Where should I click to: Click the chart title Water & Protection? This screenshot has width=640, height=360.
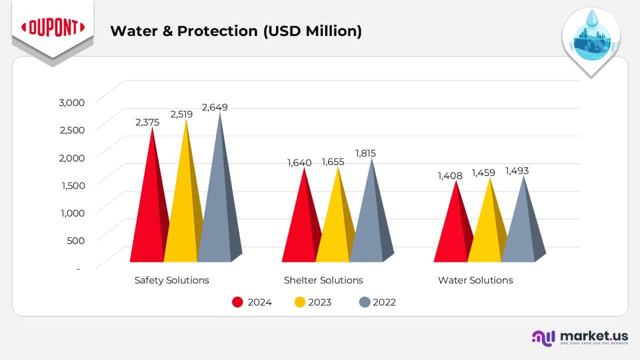tap(235, 31)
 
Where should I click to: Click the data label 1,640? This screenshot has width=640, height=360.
tap(299, 162)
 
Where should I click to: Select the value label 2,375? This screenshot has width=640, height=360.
tap(147, 122)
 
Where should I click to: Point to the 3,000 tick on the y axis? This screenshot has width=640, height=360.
tap(71, 102)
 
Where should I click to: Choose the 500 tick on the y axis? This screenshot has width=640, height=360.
tap(75, 240)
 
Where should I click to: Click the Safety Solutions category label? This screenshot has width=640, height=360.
tap(171, 280)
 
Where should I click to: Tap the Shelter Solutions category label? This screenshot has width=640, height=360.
tap(323, 280)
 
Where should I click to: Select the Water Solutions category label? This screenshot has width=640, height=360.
tap(475, 280)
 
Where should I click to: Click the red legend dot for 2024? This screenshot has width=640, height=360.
tap(238, 302)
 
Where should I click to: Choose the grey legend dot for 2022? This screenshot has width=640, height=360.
tap(364, 302)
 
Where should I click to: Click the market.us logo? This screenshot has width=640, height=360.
tap(579, 337)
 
